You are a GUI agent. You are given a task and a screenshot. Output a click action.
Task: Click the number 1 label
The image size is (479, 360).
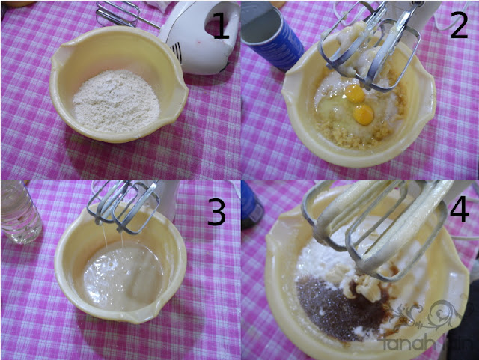pos(221,28)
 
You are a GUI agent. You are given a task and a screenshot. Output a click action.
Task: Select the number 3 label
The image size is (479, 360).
pos(216,213)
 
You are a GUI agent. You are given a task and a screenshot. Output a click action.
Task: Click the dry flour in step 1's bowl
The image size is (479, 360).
pos(116,101)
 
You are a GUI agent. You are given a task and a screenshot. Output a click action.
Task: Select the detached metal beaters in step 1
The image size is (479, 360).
pos(120,13)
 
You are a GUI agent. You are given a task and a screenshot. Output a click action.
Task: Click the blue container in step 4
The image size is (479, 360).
pos(251,206)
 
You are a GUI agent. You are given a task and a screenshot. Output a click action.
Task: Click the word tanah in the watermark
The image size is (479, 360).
pos(404,344)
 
